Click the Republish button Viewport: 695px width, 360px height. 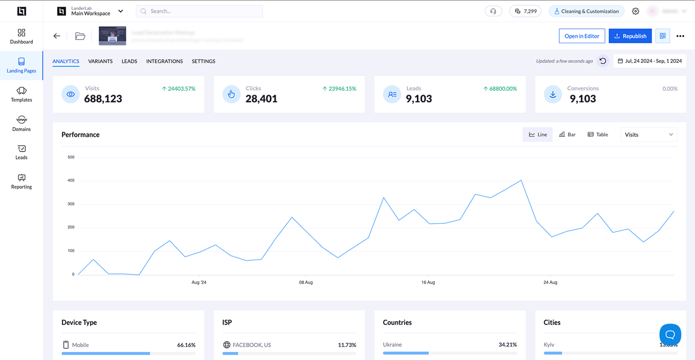pyautogui.click(x=630, y=36)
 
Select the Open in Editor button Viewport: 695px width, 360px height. pyautogui.click(x=582, y=36)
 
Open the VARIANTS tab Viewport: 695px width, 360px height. pyautogui.click(x=100, y=61)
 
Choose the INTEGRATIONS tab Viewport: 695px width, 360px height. pyautogui.click(x=164, y=61)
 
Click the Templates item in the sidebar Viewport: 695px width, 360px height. pyautogui.click(x=22, y=94)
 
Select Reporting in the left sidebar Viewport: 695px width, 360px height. pyautogui.click(x=22, y=181)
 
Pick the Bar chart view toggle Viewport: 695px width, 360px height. pyautogui.click(x=568, y=135)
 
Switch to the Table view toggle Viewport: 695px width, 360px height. pyautogui.click(x=598, y=135)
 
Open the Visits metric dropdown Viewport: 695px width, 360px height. pyautogui.click(x=649, y=135)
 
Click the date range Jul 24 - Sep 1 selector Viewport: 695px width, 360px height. pyautogui.click(x=650, y=61)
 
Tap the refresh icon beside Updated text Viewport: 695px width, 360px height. pyautogui.click(x=603, y=61)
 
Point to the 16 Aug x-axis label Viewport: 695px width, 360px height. pyautogui.click(x=428, y=282)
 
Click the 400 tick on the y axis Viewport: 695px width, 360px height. pyautogui.click(x=71, y=181)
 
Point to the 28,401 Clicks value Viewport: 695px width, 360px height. pyautogui.click(x=261, y=99)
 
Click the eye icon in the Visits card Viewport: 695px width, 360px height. pyautogui.click(x=71, y=95)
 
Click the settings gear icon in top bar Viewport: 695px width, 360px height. pyautogui.click(x=635, y=11)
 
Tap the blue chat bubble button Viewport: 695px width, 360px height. pyautogui.click(x=670, y=334)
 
